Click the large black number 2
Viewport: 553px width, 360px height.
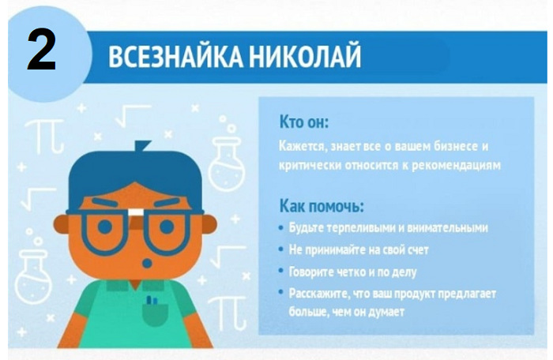[42, 50]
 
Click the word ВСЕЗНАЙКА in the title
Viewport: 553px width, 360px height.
[175, 56]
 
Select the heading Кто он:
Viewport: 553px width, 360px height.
[303, 122]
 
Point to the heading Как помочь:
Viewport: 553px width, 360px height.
[322, 206]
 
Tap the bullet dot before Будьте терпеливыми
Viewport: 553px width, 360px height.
[280, 228]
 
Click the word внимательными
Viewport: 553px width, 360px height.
[447, 228]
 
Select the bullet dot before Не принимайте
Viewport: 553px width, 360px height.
[280, 249]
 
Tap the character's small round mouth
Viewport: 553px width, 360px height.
[147, 263]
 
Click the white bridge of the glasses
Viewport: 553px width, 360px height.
[136, 212]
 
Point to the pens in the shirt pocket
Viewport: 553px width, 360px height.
[152, 301]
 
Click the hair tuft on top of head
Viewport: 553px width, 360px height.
[141, 145]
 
